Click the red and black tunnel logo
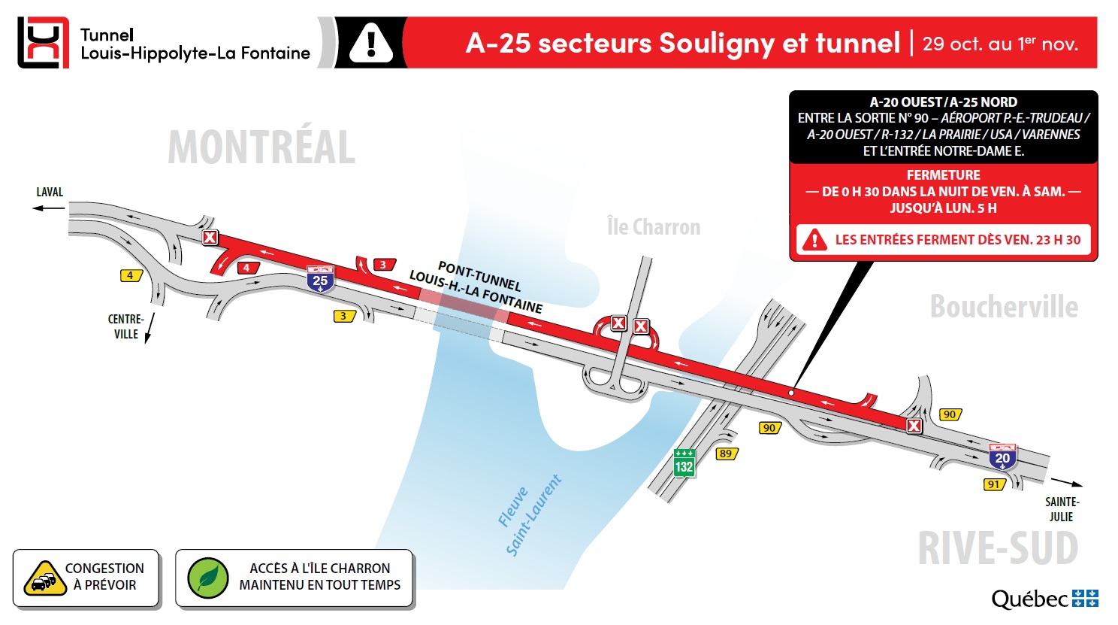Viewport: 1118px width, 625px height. pos(43,43)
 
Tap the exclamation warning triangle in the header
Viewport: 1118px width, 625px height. pos(370,43)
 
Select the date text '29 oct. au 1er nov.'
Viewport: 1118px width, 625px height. pos(1000,44)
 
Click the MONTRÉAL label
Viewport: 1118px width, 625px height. pos(261,147)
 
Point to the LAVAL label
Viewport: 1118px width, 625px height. pos(50,193)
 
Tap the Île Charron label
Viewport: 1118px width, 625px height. pos(653,226)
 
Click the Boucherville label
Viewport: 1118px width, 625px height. pos(1004,307)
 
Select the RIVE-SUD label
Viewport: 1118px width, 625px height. pos(998,548)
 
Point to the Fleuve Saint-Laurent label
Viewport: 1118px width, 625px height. pos(529,515)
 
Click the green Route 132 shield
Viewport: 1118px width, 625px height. pos(684,463)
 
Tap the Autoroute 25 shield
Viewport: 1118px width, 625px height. pos(320,279)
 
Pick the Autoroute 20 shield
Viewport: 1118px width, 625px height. pos(1002,457)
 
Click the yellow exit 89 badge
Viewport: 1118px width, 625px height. pos(726,454)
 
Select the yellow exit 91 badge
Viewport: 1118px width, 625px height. pos(994,484)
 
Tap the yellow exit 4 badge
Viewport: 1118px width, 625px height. pos(131,275)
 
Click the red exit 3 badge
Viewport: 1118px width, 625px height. pos(383,265)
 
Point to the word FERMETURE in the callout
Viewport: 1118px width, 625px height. pos(943,175)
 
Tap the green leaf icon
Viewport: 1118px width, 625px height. pos(207,578)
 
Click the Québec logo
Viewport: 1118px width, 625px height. pos(1044,599)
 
